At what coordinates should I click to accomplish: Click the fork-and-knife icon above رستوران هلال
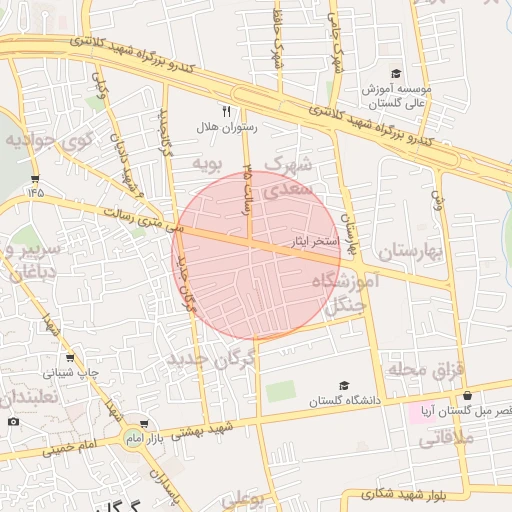pyautogui.click(x=227, y=111)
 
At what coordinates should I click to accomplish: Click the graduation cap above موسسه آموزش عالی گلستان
pyautogui.click(x=396, y=73)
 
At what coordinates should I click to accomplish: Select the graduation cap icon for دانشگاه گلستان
pyautogui.click(x=344, y=385)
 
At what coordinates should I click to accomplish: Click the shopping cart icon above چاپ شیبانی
pyautogui.click(x=68, y=358)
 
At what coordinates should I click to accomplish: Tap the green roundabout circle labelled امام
pyautogui.click(x=133, y=438)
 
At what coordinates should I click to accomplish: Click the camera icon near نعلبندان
pyautogui.click(x=13, y=421)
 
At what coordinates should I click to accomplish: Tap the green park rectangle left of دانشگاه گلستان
pyautogui.click(x=281, y=391)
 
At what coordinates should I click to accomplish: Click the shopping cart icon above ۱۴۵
pyautogui.click(x=36, y=179)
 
